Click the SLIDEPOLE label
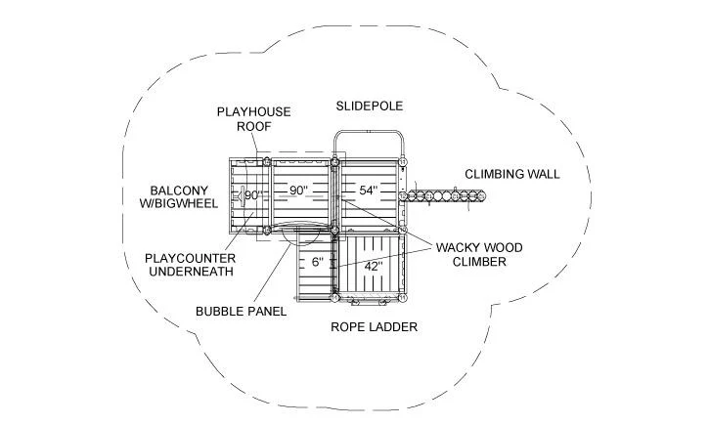pyautogui.click(x=369, y=106)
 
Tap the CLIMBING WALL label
pyautogui.click(x=511, y=174)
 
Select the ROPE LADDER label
pyautogui.click(x=374, y=326)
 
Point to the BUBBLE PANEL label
pyautogui.click(x=241, y=312)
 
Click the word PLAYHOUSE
pyautogui.click(x=253, y=111)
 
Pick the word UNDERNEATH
pyautogui.click(x=191, y=272)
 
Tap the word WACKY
pyautogui.click(x=456, y=247)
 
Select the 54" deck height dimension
pyautogui.click(x=369, y=191)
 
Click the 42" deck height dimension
pyautogui.click(x=374, y=266)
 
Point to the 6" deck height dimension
pyautogui.click(x=318, y=262)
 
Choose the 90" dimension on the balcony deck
pyautogui.click(x=253, y=195)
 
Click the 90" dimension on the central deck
pyautogui.click(x=298, y=191)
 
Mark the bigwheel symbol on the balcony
pyautogui.click(x=241, y=196)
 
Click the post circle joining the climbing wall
pyautogui.click(x=403, y=196)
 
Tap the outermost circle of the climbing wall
pyautogui.click(x=481, y=196)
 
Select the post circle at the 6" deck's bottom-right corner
pyautogui.click(x=334, y=298)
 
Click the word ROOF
pyautogui.click(x=253, y=126)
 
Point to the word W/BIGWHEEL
pyautogui.click(x=179, y=203)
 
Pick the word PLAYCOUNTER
pyautogui.click(x=191, y=258)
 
